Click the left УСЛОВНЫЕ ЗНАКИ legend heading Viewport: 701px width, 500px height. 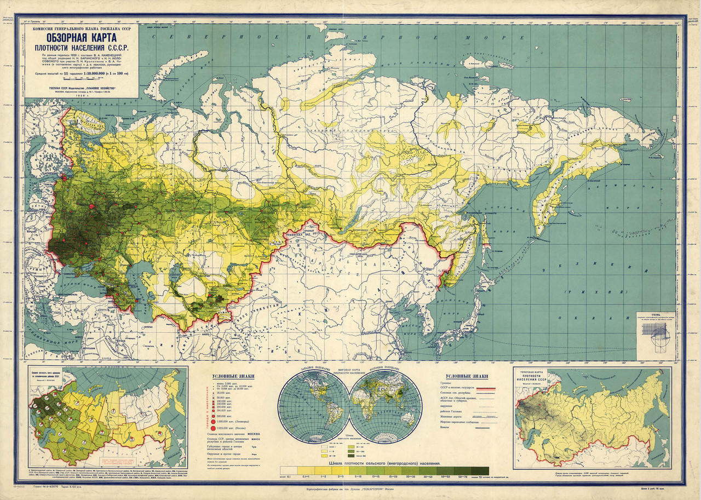[232, 376]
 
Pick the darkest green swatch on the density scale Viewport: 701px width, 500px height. [480, 471]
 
